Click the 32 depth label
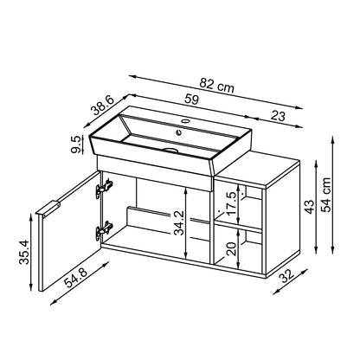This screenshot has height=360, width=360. click(291, 274)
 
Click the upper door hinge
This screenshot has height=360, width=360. click(106, 186)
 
